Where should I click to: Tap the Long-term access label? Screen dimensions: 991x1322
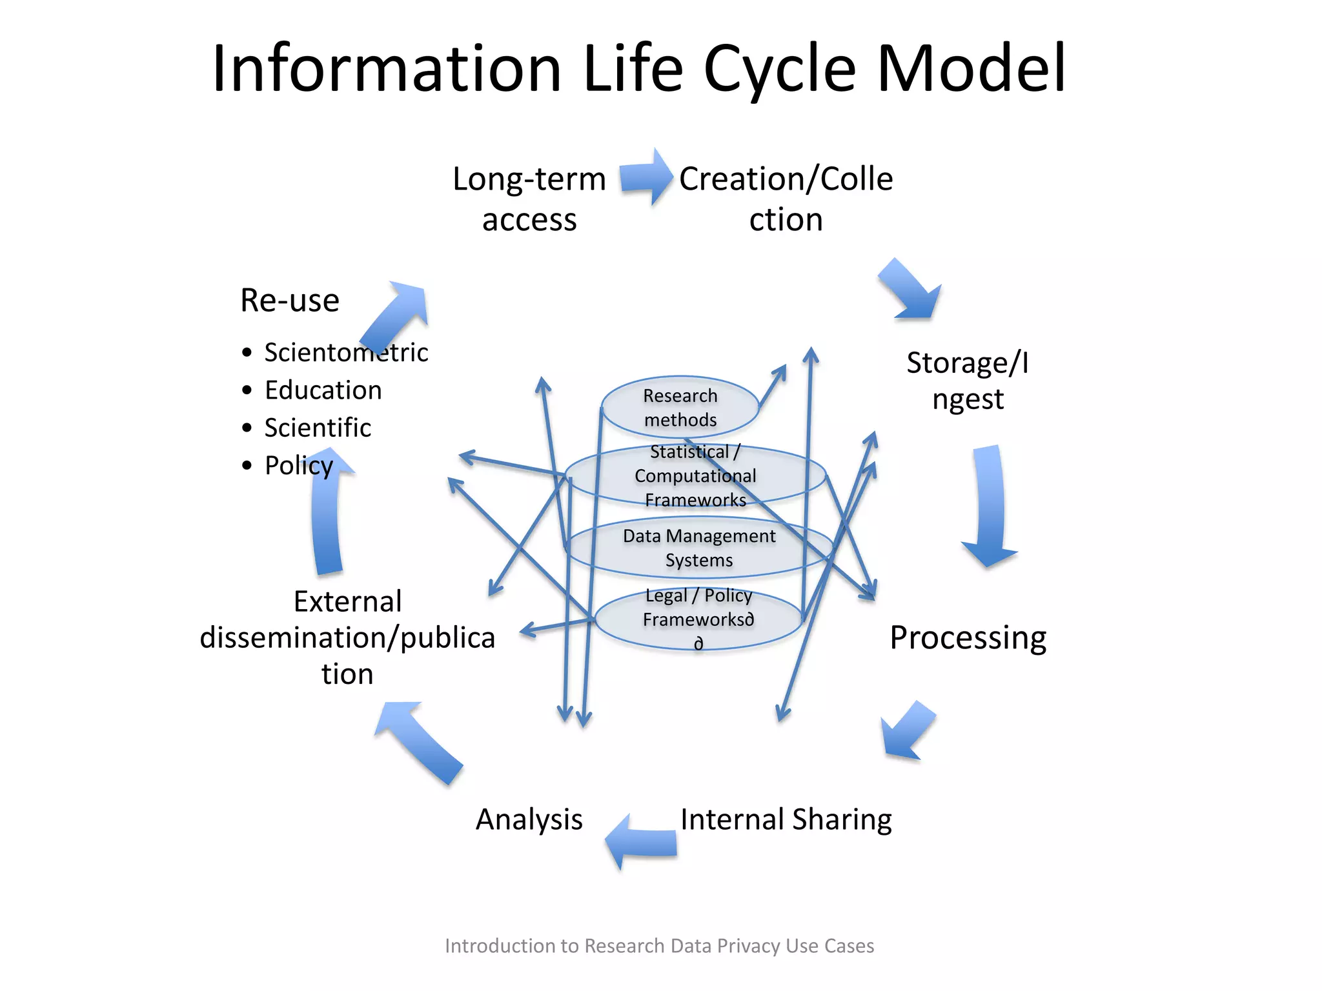[x=529, y=199]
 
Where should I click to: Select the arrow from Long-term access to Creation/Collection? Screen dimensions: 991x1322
[x=646, y=177]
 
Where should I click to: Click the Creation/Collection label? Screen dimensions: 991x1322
[x=786, y=199]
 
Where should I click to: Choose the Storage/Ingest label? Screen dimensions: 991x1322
[x=968, y=381]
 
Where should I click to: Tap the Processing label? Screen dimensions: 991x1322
[x=968, y=637]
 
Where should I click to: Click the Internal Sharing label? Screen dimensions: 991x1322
[x=786, y=819]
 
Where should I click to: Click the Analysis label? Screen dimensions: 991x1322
[x=529, y=819]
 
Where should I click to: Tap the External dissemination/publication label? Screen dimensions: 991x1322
[x=347, y=637]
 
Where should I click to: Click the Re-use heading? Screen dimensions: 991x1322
[x=290, y=301]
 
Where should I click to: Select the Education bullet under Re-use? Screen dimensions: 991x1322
[x=323, y=390]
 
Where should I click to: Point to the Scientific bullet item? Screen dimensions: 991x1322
[x=318, y=428]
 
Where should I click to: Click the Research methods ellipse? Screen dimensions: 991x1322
[x=680, y=408]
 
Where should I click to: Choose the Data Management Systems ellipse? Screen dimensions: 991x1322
[x=699, y=548]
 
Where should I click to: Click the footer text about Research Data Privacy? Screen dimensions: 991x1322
[x=659, y=946]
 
